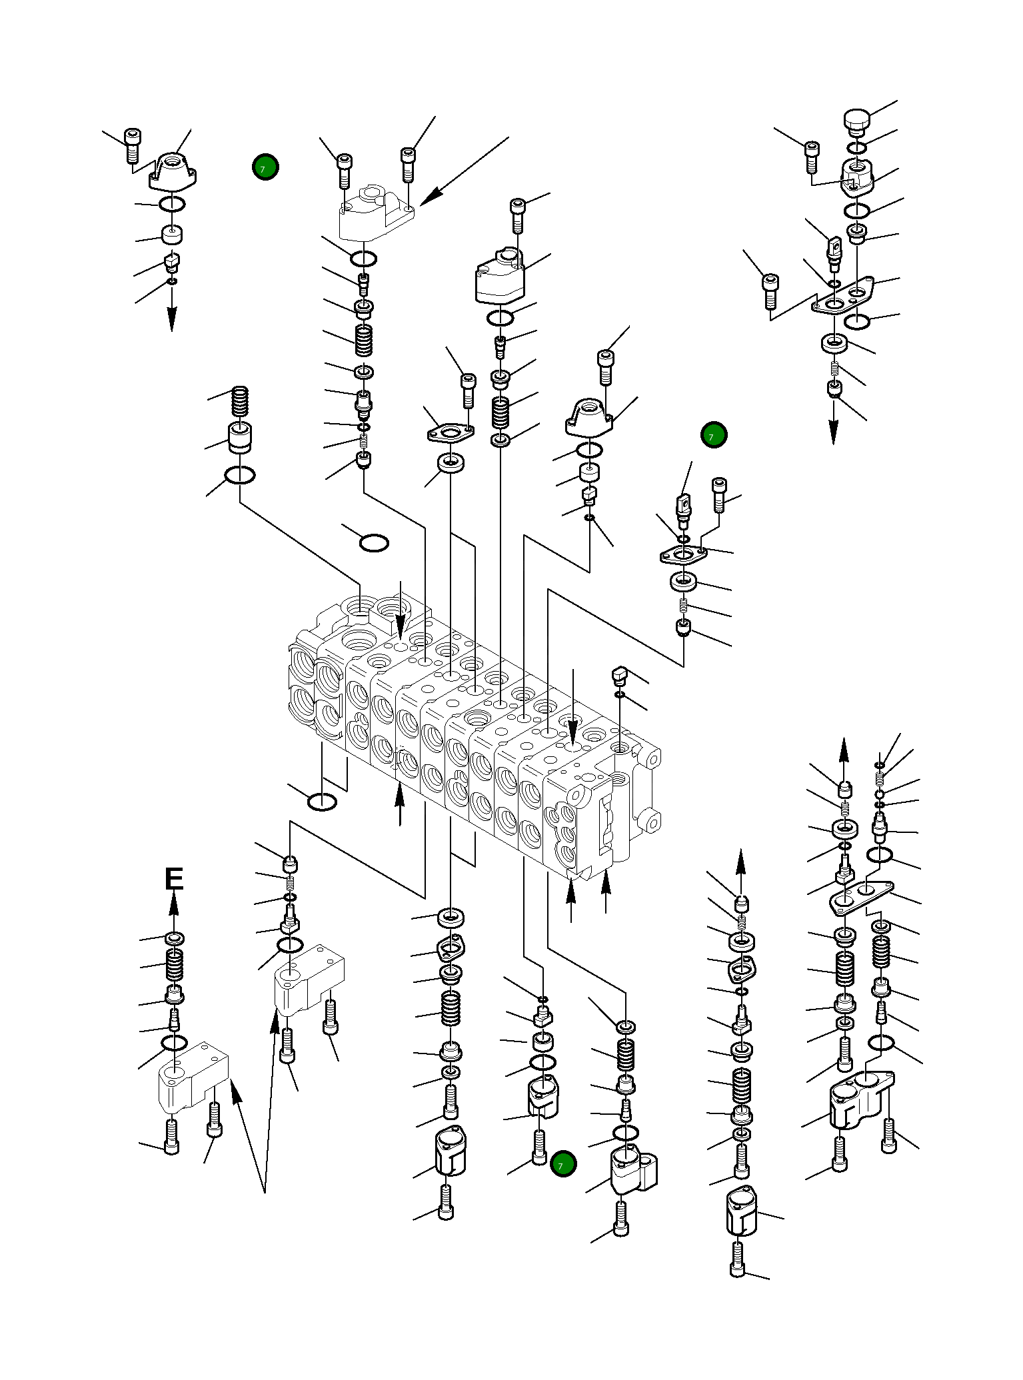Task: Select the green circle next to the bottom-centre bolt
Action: click(563, 1163)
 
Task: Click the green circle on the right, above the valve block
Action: click(714, 435)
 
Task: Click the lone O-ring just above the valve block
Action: click(374, 543)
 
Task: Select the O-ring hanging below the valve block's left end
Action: click(322, 802)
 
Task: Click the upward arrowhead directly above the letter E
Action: click(174, 904)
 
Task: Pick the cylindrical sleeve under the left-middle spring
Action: click(241, 437)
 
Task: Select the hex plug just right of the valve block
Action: click(619, 678)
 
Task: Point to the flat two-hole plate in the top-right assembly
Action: click(843, 297)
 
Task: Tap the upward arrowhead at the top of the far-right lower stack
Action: click(844, 749)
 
